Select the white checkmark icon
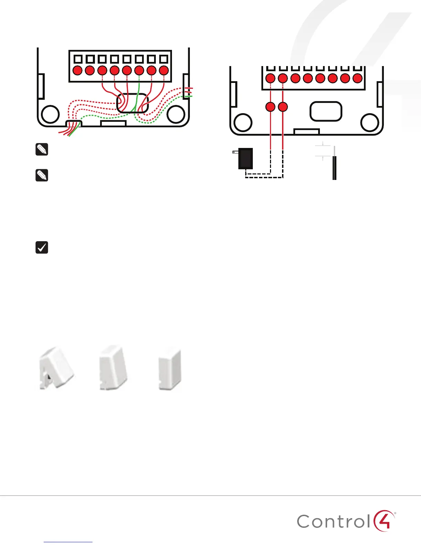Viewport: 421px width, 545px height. pos(42,247)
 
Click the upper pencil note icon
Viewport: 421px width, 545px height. pos(42,150)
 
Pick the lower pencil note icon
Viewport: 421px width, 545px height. pos(42,175)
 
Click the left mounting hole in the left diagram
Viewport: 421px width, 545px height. pos(50,114)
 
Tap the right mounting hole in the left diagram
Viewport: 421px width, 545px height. pos(176,114)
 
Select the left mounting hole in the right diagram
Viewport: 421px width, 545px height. pos(243,122)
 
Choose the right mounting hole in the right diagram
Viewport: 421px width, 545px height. pos(370,122)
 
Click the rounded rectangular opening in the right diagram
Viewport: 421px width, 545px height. pos(326,111)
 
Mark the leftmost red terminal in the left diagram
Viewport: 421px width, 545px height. pos(78,71)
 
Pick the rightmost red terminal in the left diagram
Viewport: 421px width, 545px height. pos(164,71)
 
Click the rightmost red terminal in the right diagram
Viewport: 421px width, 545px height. pos(357,78)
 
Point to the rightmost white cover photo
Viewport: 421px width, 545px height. pos(170,370)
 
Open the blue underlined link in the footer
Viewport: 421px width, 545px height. pos(68,542)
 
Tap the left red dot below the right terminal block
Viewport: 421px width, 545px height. pos(271,107)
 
